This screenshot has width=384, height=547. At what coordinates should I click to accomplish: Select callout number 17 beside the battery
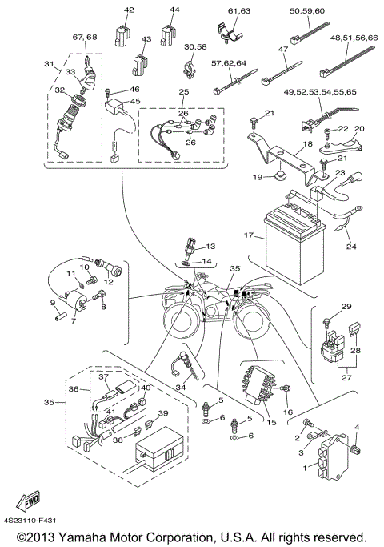pyautogui.click(x=249, y=236)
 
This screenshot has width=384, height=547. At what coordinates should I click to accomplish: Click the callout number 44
pyautogui.click(x=174, y=10)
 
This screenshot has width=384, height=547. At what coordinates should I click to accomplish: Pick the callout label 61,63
pyautogui.click(x=239, y=10)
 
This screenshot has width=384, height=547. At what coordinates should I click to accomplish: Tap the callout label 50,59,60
pyautogui.click(x=306, y=10)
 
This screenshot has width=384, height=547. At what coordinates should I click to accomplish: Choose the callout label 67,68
pyautogui.click(x=85, y=38)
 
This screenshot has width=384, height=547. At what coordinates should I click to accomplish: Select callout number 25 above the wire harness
pyautogui.click(x=184, y=94)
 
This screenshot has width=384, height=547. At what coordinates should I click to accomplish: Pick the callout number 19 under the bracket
pyautogui.click(x=258, y=175)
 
